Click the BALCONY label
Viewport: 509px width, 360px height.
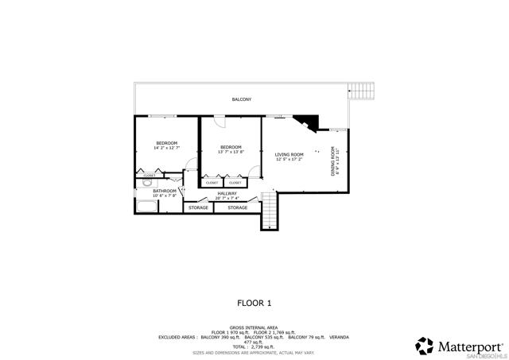tap(241, 99)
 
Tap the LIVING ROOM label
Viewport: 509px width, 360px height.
tap(289, 155)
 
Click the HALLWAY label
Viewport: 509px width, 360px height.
tap(227, 193)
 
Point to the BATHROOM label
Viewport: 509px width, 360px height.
tap(165, 191)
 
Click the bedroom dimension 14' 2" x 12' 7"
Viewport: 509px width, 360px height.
tap(166, 148)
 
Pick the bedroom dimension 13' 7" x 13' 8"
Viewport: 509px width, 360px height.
tap(231, 151)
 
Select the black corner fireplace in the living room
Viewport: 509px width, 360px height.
tap(306, 122)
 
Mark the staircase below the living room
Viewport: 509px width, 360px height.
tap(270, 213)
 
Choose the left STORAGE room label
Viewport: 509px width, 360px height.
tap(198, 208)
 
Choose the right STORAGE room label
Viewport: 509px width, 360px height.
tap(238, 208)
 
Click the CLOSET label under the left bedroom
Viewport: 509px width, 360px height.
tap(149, 176)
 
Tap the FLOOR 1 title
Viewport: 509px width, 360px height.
tap(254, 303)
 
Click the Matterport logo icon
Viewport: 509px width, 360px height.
tap(425, 344)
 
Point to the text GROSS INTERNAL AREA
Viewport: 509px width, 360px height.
tap(253, 327)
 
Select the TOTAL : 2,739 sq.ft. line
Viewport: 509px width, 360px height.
tap(253, 347)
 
